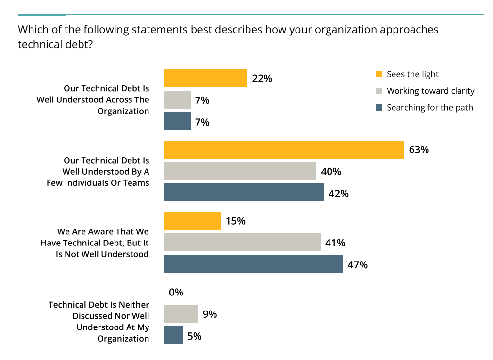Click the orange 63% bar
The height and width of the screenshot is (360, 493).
[283, 149]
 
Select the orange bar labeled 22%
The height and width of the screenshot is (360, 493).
[205, 78]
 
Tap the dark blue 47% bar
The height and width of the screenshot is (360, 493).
[253, 264]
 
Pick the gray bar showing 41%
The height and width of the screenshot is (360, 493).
[242, 242]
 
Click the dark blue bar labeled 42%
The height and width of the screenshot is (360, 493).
[244, 193]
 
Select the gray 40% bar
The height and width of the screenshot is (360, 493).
[240, 171]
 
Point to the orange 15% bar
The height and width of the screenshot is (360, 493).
[192, 221]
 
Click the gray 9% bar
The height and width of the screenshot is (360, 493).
[181, 314]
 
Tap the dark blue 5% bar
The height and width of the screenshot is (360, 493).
[173, 335]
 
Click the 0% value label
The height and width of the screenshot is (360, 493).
[176, 293]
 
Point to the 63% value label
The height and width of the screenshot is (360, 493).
[419, 149]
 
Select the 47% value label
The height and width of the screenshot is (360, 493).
[358, 265]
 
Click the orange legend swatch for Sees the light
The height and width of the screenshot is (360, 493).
[379, 74]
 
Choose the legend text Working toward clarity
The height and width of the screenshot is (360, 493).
[430, 91]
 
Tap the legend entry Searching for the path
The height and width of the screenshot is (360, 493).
[429, 107]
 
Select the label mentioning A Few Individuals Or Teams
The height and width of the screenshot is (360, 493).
[98, 171]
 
